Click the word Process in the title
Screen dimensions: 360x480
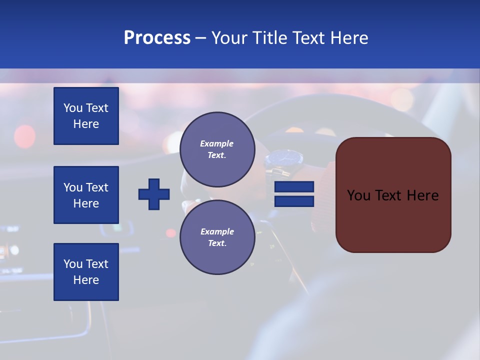point(157,38)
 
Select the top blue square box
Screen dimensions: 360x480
point(86,116)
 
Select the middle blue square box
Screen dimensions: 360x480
point(86,195)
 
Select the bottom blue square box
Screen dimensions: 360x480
point(86,272)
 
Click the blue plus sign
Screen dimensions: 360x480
point(154,194)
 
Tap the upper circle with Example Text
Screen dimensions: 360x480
point(217,149)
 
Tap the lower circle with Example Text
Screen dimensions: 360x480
point(217,237)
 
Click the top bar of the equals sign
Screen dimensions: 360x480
point(294,186)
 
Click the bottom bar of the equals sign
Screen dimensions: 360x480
point(294,201)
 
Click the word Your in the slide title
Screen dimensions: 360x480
point(229,38)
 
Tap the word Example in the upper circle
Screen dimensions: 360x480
point(217,143)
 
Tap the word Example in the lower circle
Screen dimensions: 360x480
point(217,231)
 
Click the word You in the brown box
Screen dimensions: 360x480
point(358,195)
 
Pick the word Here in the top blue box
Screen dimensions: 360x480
point(86,124)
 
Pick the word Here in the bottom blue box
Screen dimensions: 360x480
point(86,280)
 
